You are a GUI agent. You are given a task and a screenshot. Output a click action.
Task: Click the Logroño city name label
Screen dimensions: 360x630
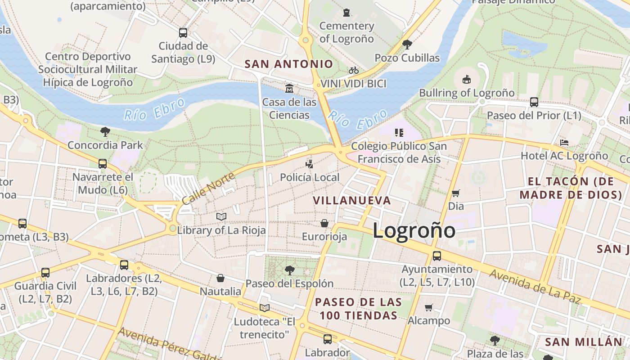point(414,231)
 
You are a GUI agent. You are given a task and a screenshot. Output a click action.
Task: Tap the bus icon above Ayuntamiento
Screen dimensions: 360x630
point(436,256)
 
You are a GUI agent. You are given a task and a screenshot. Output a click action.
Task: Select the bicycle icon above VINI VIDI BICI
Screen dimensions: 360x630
point(354,71)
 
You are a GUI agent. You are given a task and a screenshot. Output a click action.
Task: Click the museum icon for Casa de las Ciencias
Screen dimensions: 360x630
point(289,88)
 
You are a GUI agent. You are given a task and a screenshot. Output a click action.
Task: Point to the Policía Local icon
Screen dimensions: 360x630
point(309,163)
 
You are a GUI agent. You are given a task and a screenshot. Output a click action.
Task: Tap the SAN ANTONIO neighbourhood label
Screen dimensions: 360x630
point(288,64)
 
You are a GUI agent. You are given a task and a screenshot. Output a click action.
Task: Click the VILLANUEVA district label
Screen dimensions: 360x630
point(351,201)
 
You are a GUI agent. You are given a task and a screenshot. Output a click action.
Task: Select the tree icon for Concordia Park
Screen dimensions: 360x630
point(105,131)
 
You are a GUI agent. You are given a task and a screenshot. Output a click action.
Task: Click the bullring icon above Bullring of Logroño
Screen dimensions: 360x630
point(467,79)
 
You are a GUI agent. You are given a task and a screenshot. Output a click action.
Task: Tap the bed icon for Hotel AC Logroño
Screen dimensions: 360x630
point(564,143)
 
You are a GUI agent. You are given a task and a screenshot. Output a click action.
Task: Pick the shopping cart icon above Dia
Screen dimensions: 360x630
point(456,193)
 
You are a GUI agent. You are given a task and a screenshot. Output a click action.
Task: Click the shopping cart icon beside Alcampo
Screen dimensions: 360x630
point(428,308)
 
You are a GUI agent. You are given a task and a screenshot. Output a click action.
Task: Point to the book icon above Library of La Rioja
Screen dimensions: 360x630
point(221,216)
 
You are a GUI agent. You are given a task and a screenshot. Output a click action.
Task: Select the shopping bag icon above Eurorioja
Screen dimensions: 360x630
point(324,223)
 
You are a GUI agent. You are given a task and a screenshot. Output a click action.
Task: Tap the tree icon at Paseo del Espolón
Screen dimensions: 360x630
point(289,270)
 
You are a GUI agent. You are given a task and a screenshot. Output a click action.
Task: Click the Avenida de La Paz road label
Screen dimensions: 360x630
point(535,286)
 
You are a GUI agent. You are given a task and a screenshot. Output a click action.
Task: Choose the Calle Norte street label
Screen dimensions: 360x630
point(208,188)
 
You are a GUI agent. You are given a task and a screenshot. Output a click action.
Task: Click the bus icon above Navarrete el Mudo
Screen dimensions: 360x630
point(103,163)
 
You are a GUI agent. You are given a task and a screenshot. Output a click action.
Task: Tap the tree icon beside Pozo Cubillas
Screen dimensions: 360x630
point(407,44)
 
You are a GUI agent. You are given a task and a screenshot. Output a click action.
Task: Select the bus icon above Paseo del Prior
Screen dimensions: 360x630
point(534,102)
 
